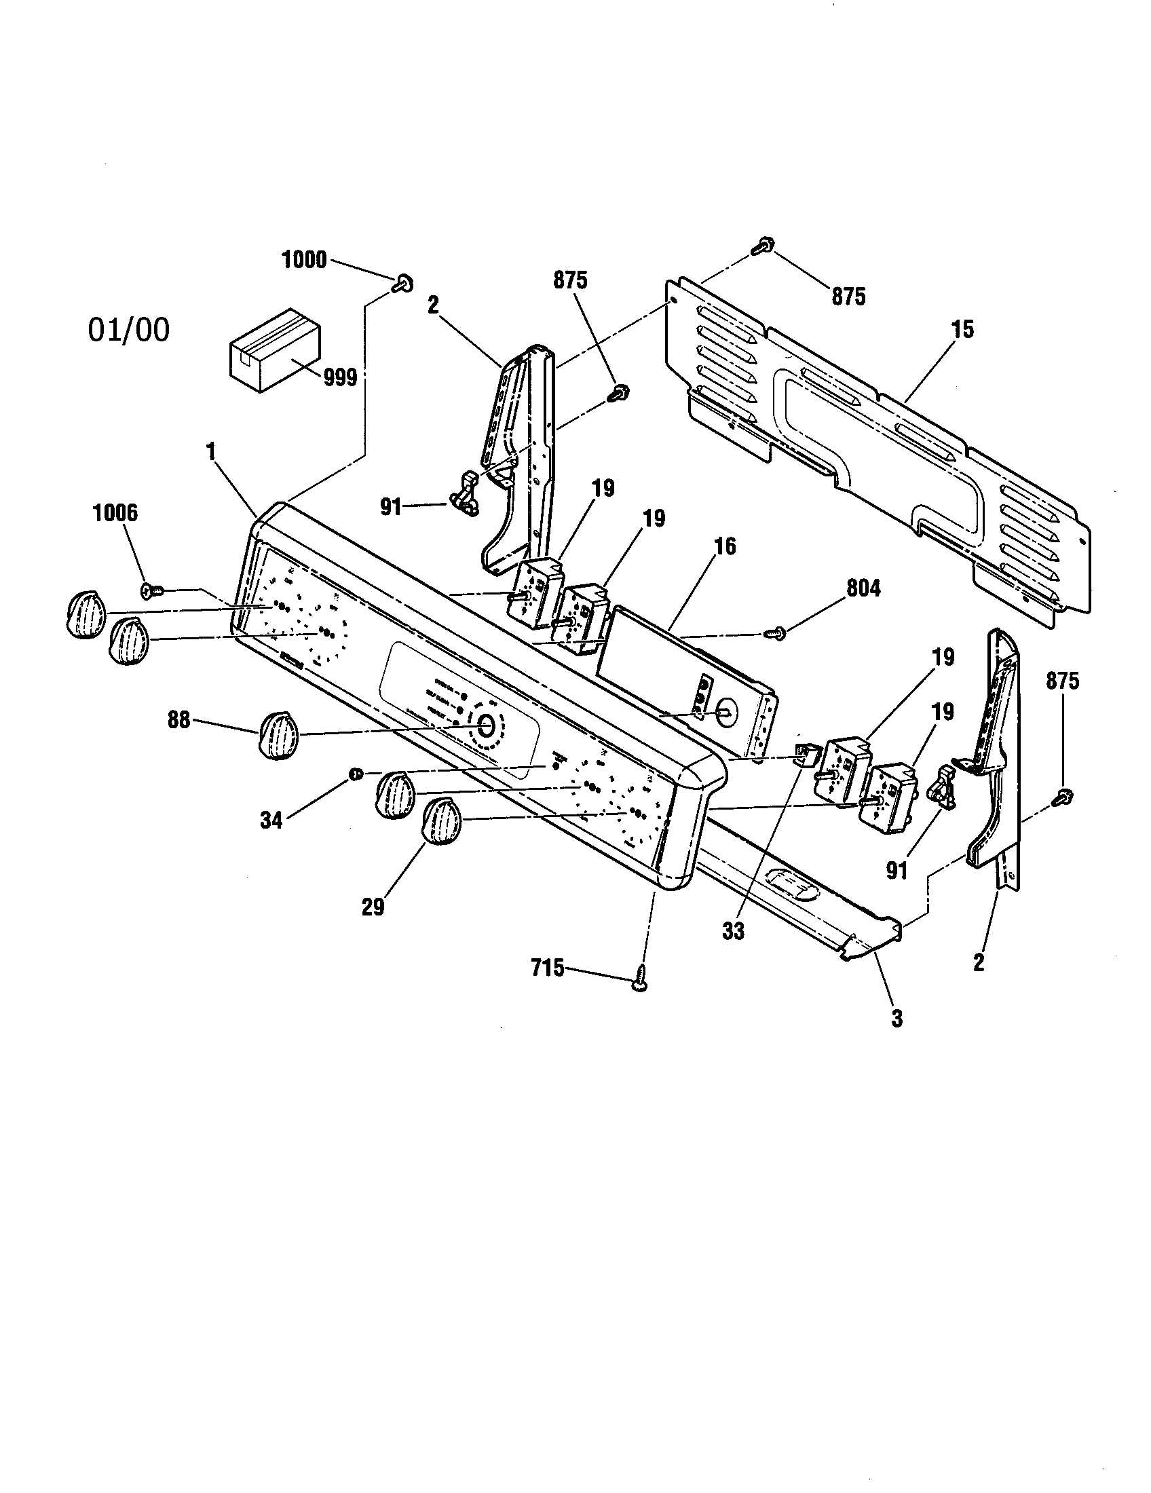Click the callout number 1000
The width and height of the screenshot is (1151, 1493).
[304, 260]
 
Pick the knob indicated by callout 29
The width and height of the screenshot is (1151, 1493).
[443, 824]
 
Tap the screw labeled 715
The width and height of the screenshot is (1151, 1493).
[640, 983]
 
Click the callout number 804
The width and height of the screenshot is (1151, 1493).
[864, 588]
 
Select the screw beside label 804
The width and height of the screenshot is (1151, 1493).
[776, 634]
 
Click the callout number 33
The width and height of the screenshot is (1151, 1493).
[733, 931]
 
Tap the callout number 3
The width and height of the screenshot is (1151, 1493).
[897, 1038]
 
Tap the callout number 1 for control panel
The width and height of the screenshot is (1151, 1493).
[211, 451]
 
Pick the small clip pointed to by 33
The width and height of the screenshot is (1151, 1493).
[804, 755]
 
